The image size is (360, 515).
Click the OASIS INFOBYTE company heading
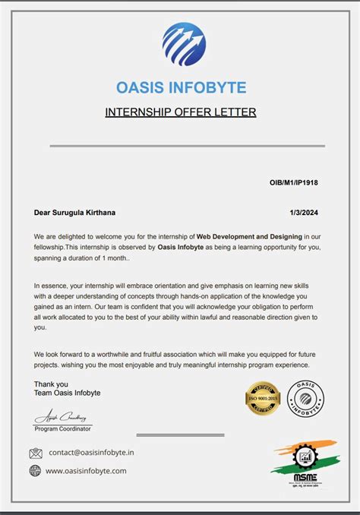tap(181, 87)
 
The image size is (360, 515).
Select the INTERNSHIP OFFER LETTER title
tap(180, 112)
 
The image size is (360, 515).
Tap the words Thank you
tap(51, 384)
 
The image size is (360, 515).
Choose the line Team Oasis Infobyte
tap(68, 393)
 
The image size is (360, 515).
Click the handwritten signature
tap(60, 417)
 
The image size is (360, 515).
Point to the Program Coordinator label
tap(63, 428)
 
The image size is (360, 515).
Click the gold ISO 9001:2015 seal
tap(263, 399)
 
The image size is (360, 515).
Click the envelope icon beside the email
tap(36, 453)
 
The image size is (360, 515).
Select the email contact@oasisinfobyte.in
tap(92, 453)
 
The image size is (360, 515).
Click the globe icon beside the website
tap(36, 470)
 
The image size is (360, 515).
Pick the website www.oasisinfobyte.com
tap(86, 470)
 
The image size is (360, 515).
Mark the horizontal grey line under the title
tap(180, 145)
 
